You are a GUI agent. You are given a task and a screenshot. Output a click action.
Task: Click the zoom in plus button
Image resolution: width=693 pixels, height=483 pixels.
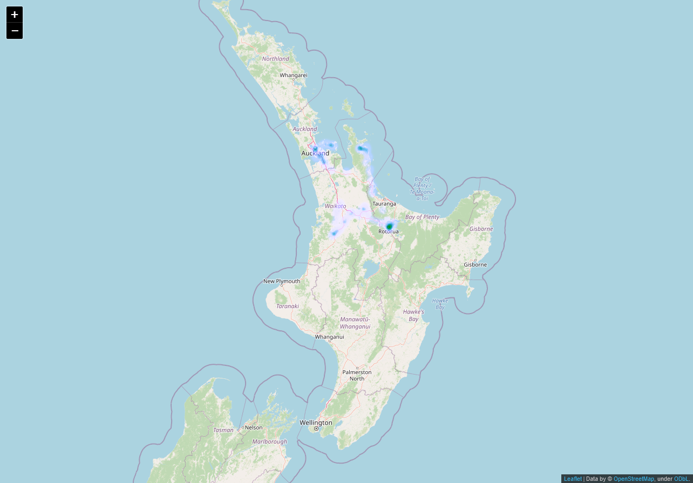click(x=15, y=15)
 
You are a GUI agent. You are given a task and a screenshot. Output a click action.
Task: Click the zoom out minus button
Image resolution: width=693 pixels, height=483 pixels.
click(x=15, y=31)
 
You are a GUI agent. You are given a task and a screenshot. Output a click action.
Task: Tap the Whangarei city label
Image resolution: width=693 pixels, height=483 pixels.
click(x=293, y=75)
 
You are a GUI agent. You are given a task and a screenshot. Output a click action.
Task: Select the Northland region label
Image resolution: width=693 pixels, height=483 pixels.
click(x=275, y=59)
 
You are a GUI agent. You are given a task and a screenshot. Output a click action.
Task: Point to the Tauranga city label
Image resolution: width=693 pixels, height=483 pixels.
click(x=384, y=203)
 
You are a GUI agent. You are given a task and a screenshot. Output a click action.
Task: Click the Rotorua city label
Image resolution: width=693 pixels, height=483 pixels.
click(x=388, y=232)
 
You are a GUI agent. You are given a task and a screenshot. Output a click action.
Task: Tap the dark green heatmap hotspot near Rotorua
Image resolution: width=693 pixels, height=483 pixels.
click(x=389, y=226)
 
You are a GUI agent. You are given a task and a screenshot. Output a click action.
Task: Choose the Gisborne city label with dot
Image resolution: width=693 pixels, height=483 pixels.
click(x=475, y=264)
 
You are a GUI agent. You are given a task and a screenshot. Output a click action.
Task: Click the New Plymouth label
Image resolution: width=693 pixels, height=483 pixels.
click(x=281, y=281)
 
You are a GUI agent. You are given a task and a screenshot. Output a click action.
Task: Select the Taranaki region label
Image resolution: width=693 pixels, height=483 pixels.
click(x=287, y=306)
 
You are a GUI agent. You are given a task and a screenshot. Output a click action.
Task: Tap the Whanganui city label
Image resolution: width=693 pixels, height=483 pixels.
click(x=329, y=337)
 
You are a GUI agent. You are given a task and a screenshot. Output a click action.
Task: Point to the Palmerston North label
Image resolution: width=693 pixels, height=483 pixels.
click(x=357, y=375)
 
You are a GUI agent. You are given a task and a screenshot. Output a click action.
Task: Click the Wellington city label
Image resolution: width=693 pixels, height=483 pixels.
click(x=316, y=423)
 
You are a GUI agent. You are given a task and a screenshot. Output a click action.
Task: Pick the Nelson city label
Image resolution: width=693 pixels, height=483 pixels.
click(x=253, y=427)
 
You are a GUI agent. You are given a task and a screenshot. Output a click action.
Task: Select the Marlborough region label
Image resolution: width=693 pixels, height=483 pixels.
click(x=269, y=441)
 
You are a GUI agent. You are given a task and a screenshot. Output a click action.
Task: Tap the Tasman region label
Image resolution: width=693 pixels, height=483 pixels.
click(x=223, y=430)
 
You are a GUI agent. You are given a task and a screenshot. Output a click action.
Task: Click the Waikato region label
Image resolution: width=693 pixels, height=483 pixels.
click(x=335, y=206)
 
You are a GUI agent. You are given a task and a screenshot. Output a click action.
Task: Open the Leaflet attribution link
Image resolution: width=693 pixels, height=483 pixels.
click(x=573, y=479)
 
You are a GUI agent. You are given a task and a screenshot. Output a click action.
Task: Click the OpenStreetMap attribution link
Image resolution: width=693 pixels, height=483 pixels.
click(x=634, y=479)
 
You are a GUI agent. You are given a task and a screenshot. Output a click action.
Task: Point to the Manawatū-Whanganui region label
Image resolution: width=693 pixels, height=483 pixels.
click(x=355, y=323)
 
